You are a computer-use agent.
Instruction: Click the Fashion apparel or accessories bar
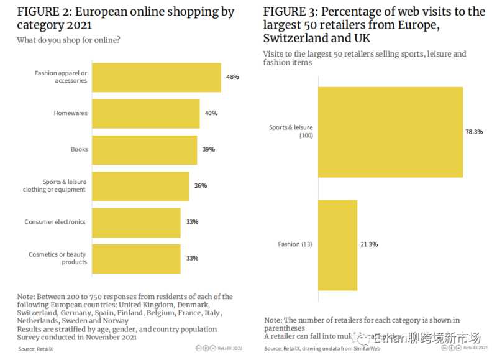(x=157, y=77)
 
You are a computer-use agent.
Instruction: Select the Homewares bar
(x=146, y=113)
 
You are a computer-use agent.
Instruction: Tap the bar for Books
(x=145, y=149)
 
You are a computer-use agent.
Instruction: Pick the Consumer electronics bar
(x=137, y=222)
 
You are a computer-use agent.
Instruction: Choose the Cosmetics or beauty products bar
(x=137, y=258)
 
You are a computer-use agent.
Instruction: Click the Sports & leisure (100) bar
(x=390, y=132)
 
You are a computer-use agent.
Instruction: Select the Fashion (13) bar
(x=337, y=244)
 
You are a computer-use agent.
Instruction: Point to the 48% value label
(x=232, y=77)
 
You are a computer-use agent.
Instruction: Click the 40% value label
(x=211, y=113)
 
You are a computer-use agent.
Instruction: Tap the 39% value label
(x=208, y=149)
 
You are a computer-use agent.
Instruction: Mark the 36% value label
(x=200, y=186)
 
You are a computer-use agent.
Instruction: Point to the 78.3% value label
(x=474, y=132)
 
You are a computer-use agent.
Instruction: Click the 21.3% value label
(x=368, y=244)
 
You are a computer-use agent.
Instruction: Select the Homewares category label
(x=71, y=113)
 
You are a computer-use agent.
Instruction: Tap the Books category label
(x=80, y=149)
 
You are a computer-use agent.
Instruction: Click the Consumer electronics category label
(x=55, y=222)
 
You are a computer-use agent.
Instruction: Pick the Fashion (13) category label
(x=295, y=244)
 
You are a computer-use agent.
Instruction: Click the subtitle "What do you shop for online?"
(x=69, y=40)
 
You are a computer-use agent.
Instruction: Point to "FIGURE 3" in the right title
(x=289, y=12)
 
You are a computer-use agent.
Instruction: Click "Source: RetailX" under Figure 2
(x=35, y=349)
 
